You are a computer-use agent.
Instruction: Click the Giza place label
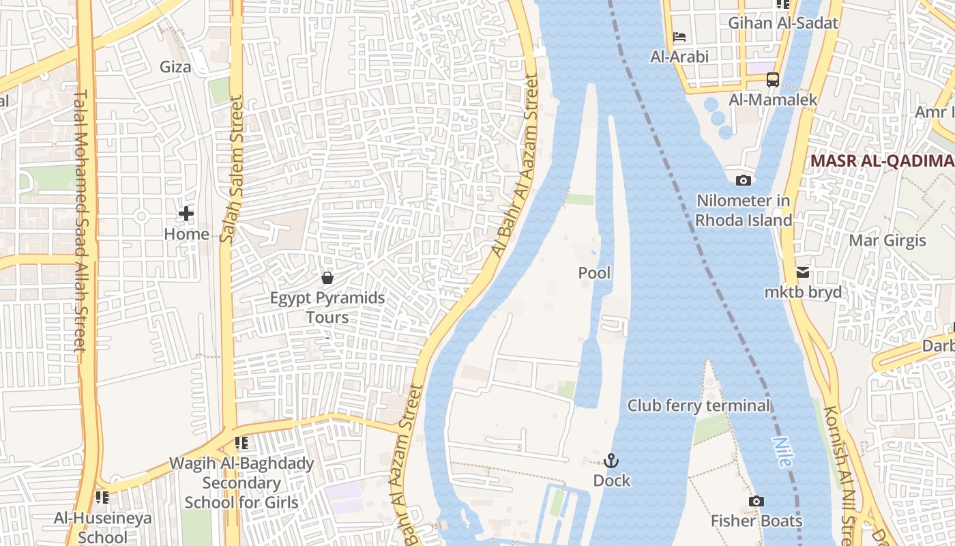tap(175, 67)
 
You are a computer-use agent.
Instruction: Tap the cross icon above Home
tap(186, 214)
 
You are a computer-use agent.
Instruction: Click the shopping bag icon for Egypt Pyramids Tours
tap(327, 278)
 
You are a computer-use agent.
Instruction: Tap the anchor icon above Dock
tap(611, 461)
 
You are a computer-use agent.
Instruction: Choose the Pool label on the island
tap(594, 273)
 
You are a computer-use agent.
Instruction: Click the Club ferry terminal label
tap(699, 405)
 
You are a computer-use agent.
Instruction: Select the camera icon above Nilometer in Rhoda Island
tap(744, 181)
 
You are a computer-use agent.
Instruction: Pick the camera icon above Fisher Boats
tap(756, 502)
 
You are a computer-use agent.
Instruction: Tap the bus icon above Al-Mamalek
tap(772, 80)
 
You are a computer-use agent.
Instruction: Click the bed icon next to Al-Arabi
tap(679, 37)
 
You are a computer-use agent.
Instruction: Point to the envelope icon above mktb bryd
tap(803, 272)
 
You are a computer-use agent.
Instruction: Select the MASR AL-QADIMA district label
tap(881, 161)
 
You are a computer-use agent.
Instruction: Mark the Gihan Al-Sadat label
tap(782, 23)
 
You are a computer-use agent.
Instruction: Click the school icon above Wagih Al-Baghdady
tap(241, 444)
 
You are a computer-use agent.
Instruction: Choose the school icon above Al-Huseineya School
tap(102, 498)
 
